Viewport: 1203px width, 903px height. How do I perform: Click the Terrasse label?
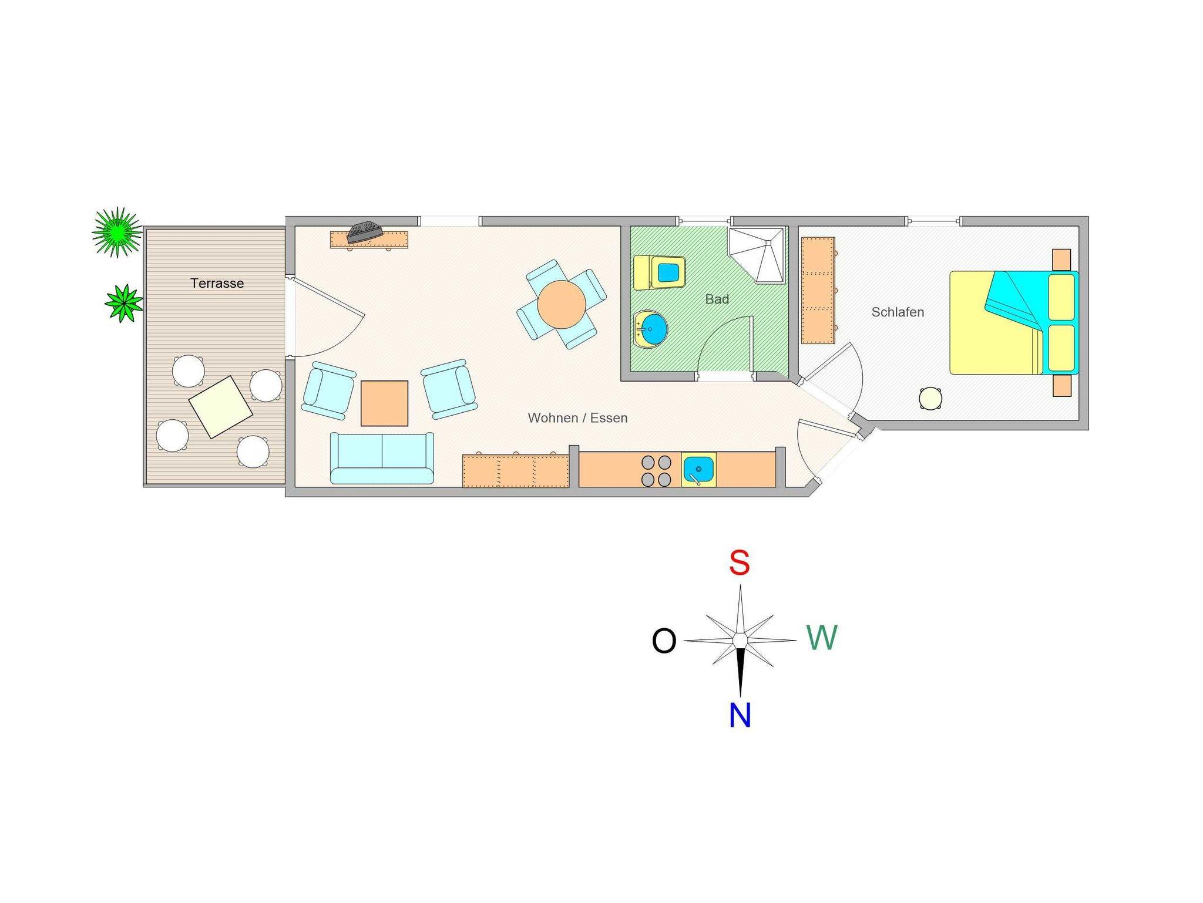click(217, 283)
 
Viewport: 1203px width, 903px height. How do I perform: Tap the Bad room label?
click(717, 299)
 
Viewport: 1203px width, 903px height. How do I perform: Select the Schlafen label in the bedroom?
click(897, 312)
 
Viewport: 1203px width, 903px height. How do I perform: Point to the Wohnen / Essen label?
click(577, 417)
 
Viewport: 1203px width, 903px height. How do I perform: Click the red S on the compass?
click(740, 562)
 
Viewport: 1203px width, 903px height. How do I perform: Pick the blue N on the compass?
click(740, 715)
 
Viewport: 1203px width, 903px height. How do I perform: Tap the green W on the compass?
click(821, 638)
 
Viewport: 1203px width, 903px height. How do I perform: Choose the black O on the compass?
click(664, 641)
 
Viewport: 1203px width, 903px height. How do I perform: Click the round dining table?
click(562, 304)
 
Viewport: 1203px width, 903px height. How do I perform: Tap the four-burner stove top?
click(656, 470)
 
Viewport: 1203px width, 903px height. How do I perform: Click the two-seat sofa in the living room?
click(382, 458)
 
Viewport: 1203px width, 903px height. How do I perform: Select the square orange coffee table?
click(384, 403)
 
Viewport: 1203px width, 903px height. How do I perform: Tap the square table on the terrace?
click(220, 406)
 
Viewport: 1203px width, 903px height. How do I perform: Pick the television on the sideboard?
click(364, 231)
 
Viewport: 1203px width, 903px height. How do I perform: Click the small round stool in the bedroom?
click(930, 398)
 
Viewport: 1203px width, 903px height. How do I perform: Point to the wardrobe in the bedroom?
click(818, 290)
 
